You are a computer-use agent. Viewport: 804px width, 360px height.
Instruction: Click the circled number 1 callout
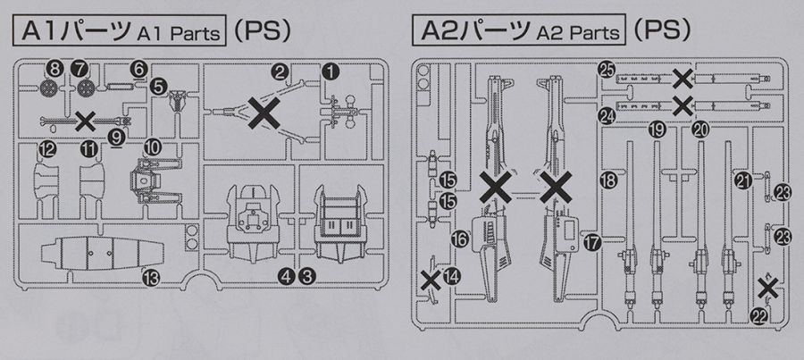tap(331, 69)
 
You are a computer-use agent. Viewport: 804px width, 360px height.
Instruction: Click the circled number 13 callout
tap(150, 278)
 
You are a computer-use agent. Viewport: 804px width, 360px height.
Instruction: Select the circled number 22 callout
tap(759, 314)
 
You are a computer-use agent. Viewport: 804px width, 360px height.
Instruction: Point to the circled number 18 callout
tap(610, 180)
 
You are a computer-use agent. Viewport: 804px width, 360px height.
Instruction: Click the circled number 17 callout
tap(591, 241)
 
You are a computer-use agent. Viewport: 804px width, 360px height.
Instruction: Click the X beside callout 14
tap(431, 280)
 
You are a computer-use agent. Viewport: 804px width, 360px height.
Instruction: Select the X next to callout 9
tap(87, 120)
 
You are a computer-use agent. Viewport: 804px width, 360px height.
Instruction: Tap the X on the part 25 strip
tap(683, 78)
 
